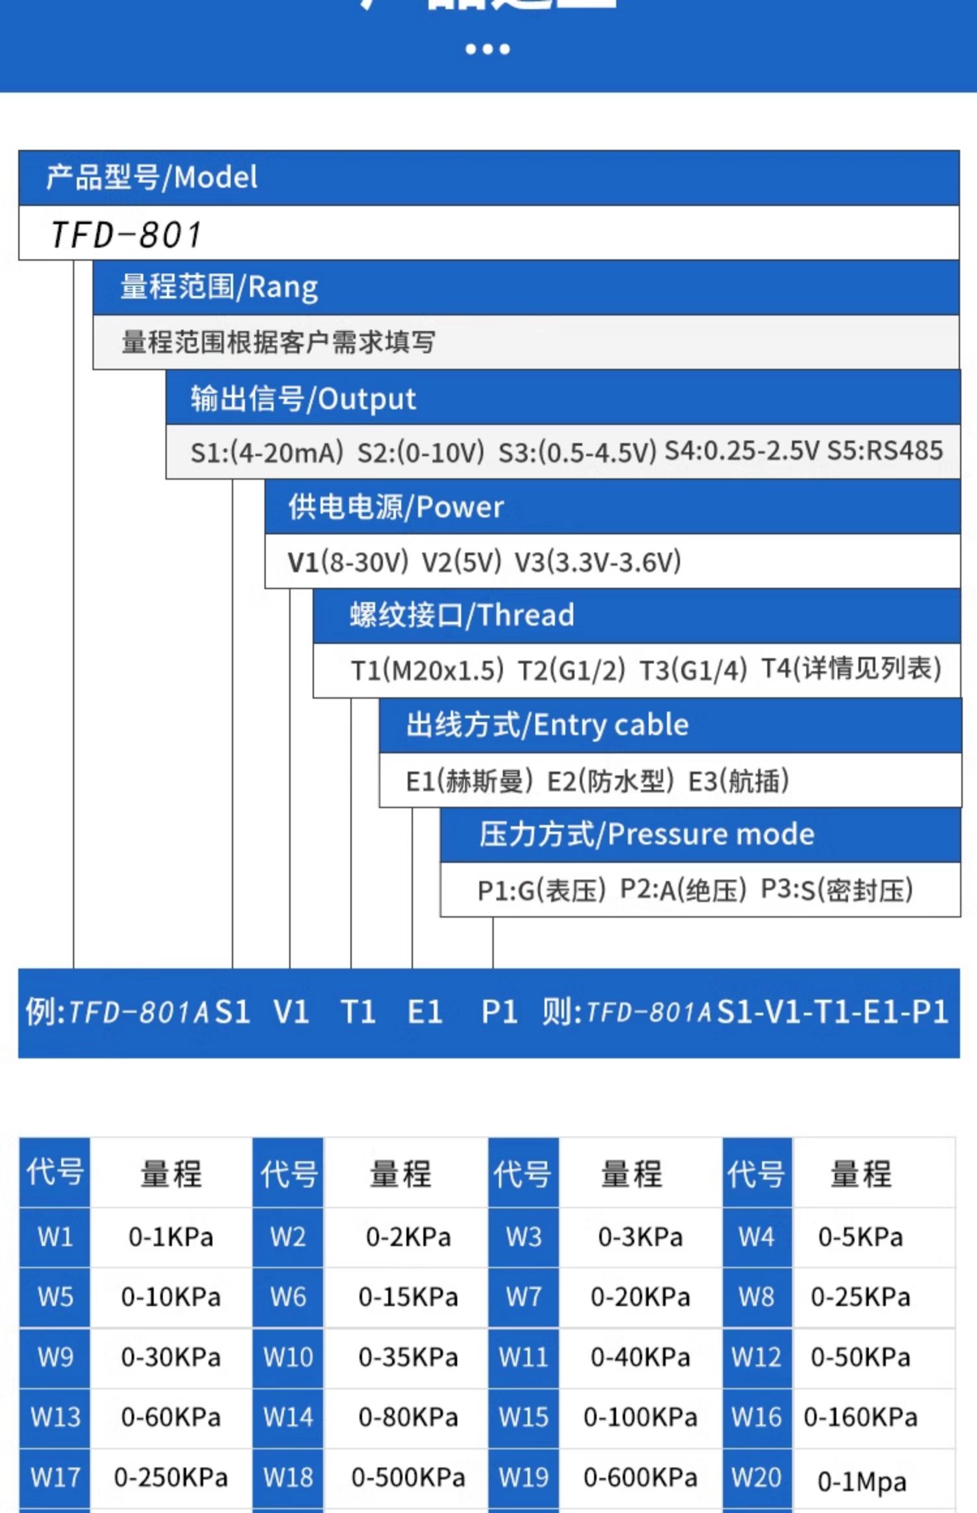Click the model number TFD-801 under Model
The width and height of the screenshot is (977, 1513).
(126, 235)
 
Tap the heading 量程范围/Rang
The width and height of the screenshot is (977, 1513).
(219, 287)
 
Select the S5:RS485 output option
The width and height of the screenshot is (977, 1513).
(885, 451)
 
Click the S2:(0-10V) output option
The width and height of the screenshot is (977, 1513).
(421, 452)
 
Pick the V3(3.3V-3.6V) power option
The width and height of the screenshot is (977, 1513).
(597, 562)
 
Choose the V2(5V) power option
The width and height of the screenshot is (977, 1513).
(462, 562)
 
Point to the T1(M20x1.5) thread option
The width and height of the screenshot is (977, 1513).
(427, 670)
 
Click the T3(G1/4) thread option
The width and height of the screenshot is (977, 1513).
(693, 670)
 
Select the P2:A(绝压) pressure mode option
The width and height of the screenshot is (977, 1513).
(683, 890)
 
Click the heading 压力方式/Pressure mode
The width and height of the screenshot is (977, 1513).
(647, 835)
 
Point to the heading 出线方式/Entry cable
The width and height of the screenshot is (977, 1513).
(547, 725)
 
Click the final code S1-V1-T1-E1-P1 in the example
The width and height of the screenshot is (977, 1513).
(832, 1012)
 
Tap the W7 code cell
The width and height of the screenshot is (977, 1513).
(524, 1297)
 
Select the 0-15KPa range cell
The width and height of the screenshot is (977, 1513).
(408, 1297)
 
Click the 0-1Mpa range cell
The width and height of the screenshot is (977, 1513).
(862, 1482)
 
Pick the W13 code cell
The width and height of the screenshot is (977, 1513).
(55, 1417)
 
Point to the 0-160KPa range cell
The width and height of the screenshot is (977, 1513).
(860, 1417)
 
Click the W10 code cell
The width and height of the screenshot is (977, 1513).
(288, 1357)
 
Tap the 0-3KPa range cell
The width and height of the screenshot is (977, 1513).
(640, 1237)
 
